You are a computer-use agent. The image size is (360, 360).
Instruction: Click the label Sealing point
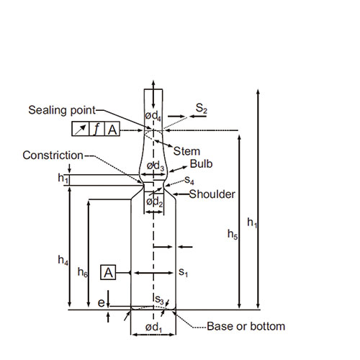tap(62, 110)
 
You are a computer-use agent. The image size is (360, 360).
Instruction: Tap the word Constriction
tap(53, 156)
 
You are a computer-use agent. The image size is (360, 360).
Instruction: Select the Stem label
tap(186, 151)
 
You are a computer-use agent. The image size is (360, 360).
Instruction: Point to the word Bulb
tap(201, 164)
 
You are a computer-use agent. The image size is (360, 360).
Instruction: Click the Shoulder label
tap(212, 194)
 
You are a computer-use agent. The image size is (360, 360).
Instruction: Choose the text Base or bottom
tap(246, 326)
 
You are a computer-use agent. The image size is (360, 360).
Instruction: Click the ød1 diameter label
tap(153, 328)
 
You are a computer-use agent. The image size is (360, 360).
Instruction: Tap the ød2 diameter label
tap(155, 202)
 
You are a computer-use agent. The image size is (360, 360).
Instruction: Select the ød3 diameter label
tap(156, 166)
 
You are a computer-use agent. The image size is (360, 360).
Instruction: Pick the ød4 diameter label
tap(153, 116)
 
